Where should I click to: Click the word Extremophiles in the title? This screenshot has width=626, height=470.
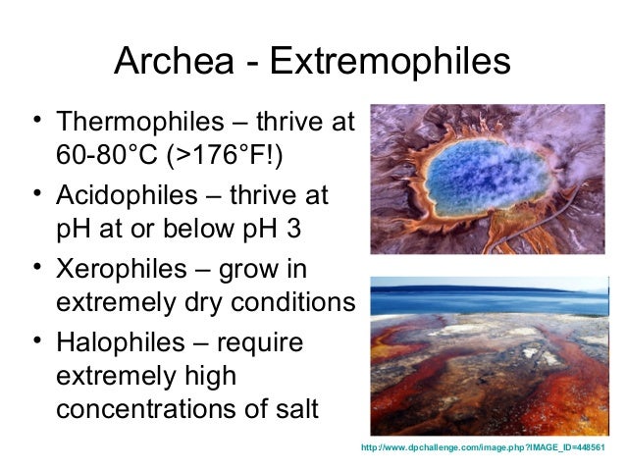[x=391, y=63]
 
